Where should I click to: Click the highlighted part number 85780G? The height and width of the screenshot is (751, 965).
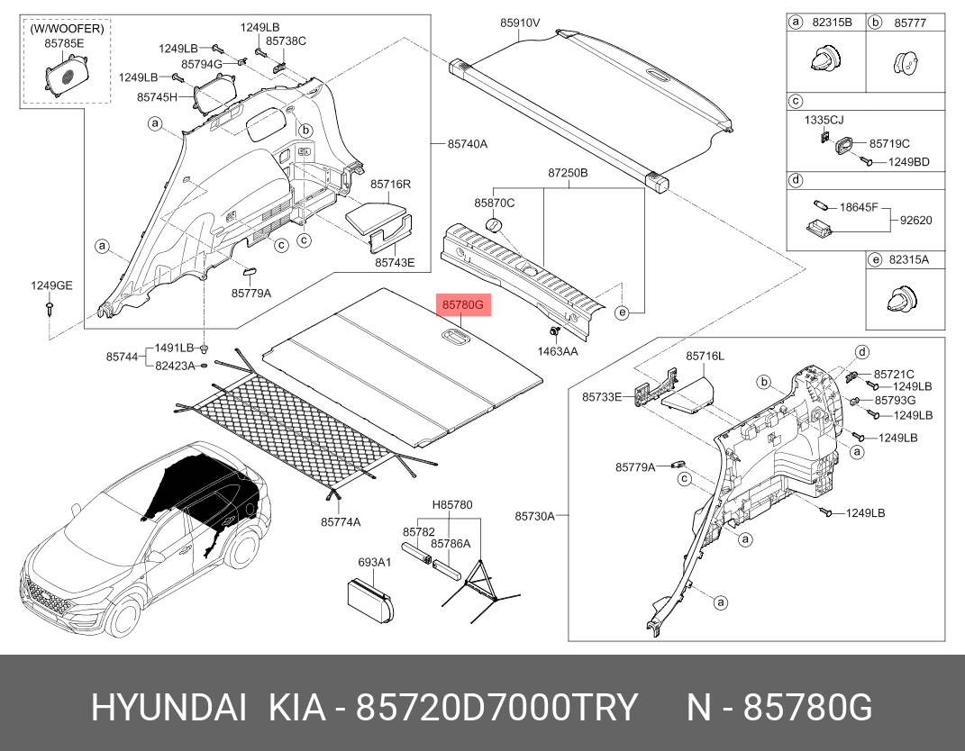pyautogui.click(x=463, y=304)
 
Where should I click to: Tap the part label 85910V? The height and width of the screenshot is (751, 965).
pyautogui.click(x=519, y=23)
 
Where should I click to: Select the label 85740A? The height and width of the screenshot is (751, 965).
pyautogui.click(x=467, y=144)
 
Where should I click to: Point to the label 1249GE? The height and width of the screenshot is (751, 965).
pyautogui.click(x=51, y=285)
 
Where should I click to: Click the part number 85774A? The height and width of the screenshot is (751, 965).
pyautogui.click(x=341, y=522)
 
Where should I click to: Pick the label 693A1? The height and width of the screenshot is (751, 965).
pyautogui.click(x=374, y=562)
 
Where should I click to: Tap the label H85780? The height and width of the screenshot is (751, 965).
pyautogui.click(x=451, y=505)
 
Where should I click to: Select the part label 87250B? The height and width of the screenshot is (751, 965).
pyautogui.click(x=568, y=173)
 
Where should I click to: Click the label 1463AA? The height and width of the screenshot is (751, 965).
pyautogui.click(x=558, y=351)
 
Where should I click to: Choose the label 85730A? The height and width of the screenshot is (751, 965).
pyautogui.click(x=535, y=516)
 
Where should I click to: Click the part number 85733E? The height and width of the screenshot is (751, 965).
pyautogui.click(x=602, y=397)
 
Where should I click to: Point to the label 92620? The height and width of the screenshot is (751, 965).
pyautogui.click(x=915, y=221)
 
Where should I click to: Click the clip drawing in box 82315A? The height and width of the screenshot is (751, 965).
pyautogui.click(x=902, y=298)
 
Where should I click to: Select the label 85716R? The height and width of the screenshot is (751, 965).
pyautogui.click(x=390, y=184)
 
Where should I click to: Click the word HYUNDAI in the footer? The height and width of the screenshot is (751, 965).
pyautogui.click(x=169, y=708)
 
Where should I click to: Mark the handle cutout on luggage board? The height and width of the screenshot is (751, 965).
pyautogui.click(x=455, y=336)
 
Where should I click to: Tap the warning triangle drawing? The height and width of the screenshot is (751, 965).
pyautogui.click(x=480, y=579)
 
